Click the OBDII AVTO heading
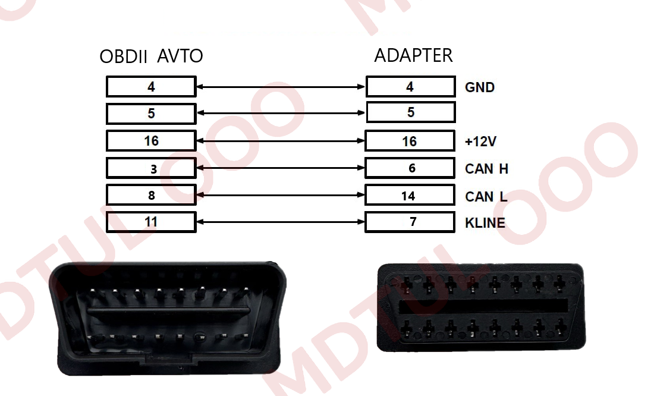tap(151, 56)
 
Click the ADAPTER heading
tap(413, 55)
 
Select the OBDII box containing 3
tap(151, 168)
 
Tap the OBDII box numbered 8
tap(151, 195)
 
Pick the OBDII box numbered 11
tap(151, 222)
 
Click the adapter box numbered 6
tap(410, 168)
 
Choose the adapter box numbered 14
tap(410, 196)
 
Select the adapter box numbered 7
tap(410, 222)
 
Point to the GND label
tap(479, 87)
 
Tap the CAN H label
tap(486, 169)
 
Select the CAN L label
tap(486, 196)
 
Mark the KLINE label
tap(485, 223)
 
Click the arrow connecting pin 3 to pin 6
tap(281, 168)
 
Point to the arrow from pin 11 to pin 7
tap(281, 222)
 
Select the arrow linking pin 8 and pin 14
tap(281, 195)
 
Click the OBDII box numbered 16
tap(151, 141)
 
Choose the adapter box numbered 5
tap(410, 112)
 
